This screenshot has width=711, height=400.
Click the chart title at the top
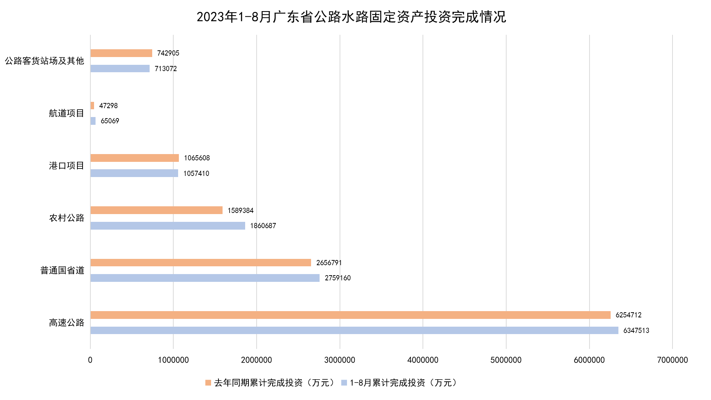coord(351,17)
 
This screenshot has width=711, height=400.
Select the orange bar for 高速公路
coord(350,315)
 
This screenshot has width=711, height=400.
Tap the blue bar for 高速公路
coord(354,330)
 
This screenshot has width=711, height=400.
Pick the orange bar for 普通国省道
coord(201,263)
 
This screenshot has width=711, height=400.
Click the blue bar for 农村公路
coord(168,226)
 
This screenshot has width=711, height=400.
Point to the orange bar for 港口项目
coord(134,158)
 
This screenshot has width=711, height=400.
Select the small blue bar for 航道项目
coord(93,121)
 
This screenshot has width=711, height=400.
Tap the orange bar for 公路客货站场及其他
coord(121,53)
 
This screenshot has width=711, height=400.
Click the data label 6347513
coord(636,330)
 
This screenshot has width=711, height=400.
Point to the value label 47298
coord(109,106)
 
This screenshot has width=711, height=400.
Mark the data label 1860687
coord(263,226)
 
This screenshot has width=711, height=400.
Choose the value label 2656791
coord(329,263)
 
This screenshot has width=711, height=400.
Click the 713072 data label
coord(166,69)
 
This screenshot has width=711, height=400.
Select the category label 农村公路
coord(67,218)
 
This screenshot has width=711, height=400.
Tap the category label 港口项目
coord(67,166)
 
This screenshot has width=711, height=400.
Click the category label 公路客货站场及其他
coord(44,61)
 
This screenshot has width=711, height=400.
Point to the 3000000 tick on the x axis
coord(340,360)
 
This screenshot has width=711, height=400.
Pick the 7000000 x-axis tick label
coord(672,360)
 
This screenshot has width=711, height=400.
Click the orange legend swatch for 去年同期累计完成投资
coord(208,383)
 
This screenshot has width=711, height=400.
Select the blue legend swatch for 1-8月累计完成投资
coord(344,383)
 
